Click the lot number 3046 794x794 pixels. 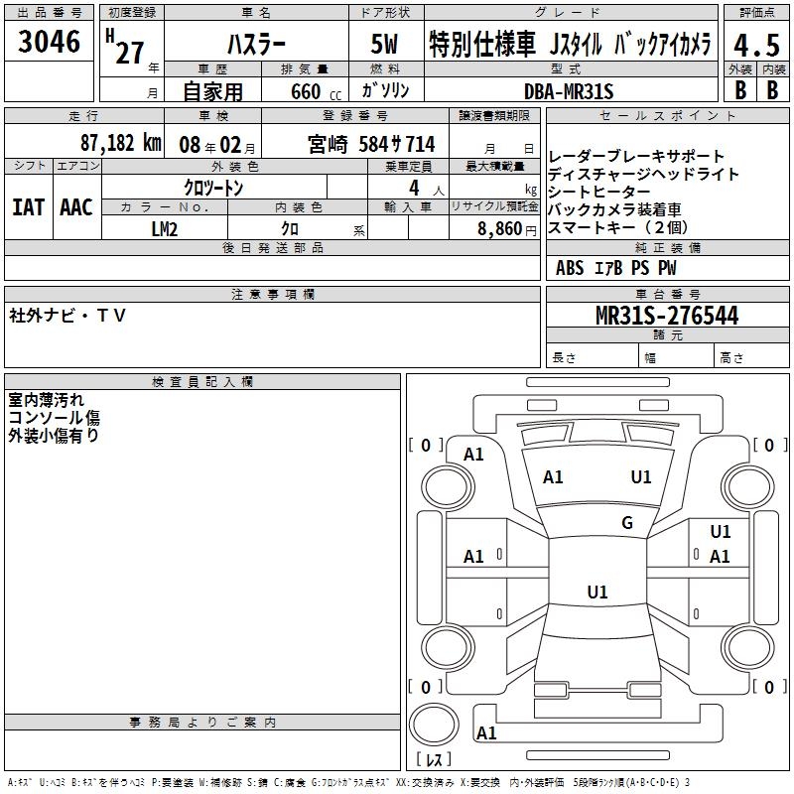click(50, 45)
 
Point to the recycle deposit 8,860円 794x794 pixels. click(502, 228)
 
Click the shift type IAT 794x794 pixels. click(28, 207)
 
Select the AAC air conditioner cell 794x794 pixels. click(76, 207)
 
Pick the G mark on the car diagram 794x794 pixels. click(626, 523)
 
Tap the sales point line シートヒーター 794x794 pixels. click(600, 192)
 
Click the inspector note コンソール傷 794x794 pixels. click(54, 418)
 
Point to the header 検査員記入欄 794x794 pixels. click(202, 381)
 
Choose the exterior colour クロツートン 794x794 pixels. click(213, 188)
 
